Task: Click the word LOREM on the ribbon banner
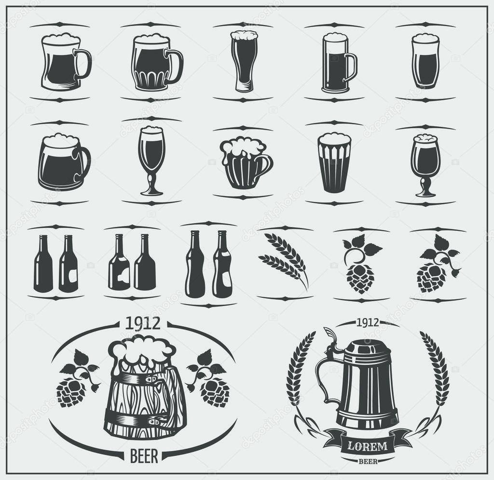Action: [x=368, y=446]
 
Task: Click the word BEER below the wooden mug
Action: [x=144, y=456]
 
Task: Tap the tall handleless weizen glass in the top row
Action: [x=244, y=61]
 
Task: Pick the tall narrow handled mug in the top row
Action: [x=337, y=63]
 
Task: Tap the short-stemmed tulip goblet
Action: [x=425, y=164]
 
